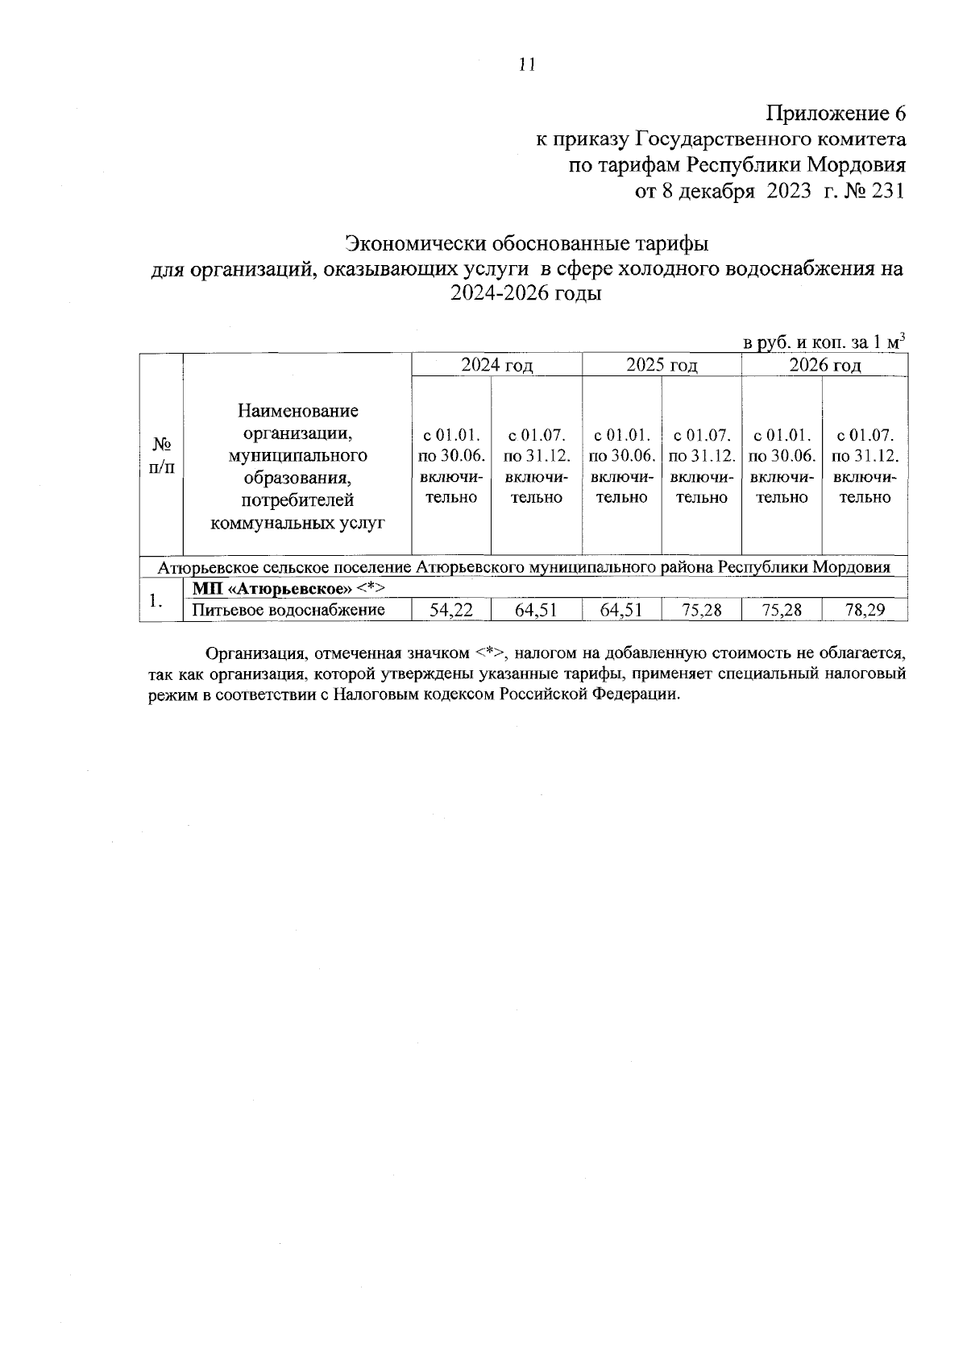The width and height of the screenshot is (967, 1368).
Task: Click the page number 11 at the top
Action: [527, 65]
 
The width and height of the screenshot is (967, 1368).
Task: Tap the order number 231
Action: [885, 191]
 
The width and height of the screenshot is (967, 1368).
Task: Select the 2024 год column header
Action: [496, 365]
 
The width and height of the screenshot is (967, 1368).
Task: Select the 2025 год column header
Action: [662, 365]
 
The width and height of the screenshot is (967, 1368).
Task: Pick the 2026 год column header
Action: [824, 365]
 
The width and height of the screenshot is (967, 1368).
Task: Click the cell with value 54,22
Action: [450, 610]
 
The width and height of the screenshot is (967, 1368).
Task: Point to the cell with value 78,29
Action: [865, 610]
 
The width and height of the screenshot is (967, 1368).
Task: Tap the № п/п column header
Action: [161, 455]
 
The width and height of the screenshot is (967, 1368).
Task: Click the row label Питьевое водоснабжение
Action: [288, 610]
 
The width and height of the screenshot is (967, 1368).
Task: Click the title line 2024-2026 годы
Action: [526, 294]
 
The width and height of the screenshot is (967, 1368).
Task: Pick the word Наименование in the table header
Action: [297, 411]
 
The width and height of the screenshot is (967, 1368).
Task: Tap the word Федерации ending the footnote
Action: [636, 694]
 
